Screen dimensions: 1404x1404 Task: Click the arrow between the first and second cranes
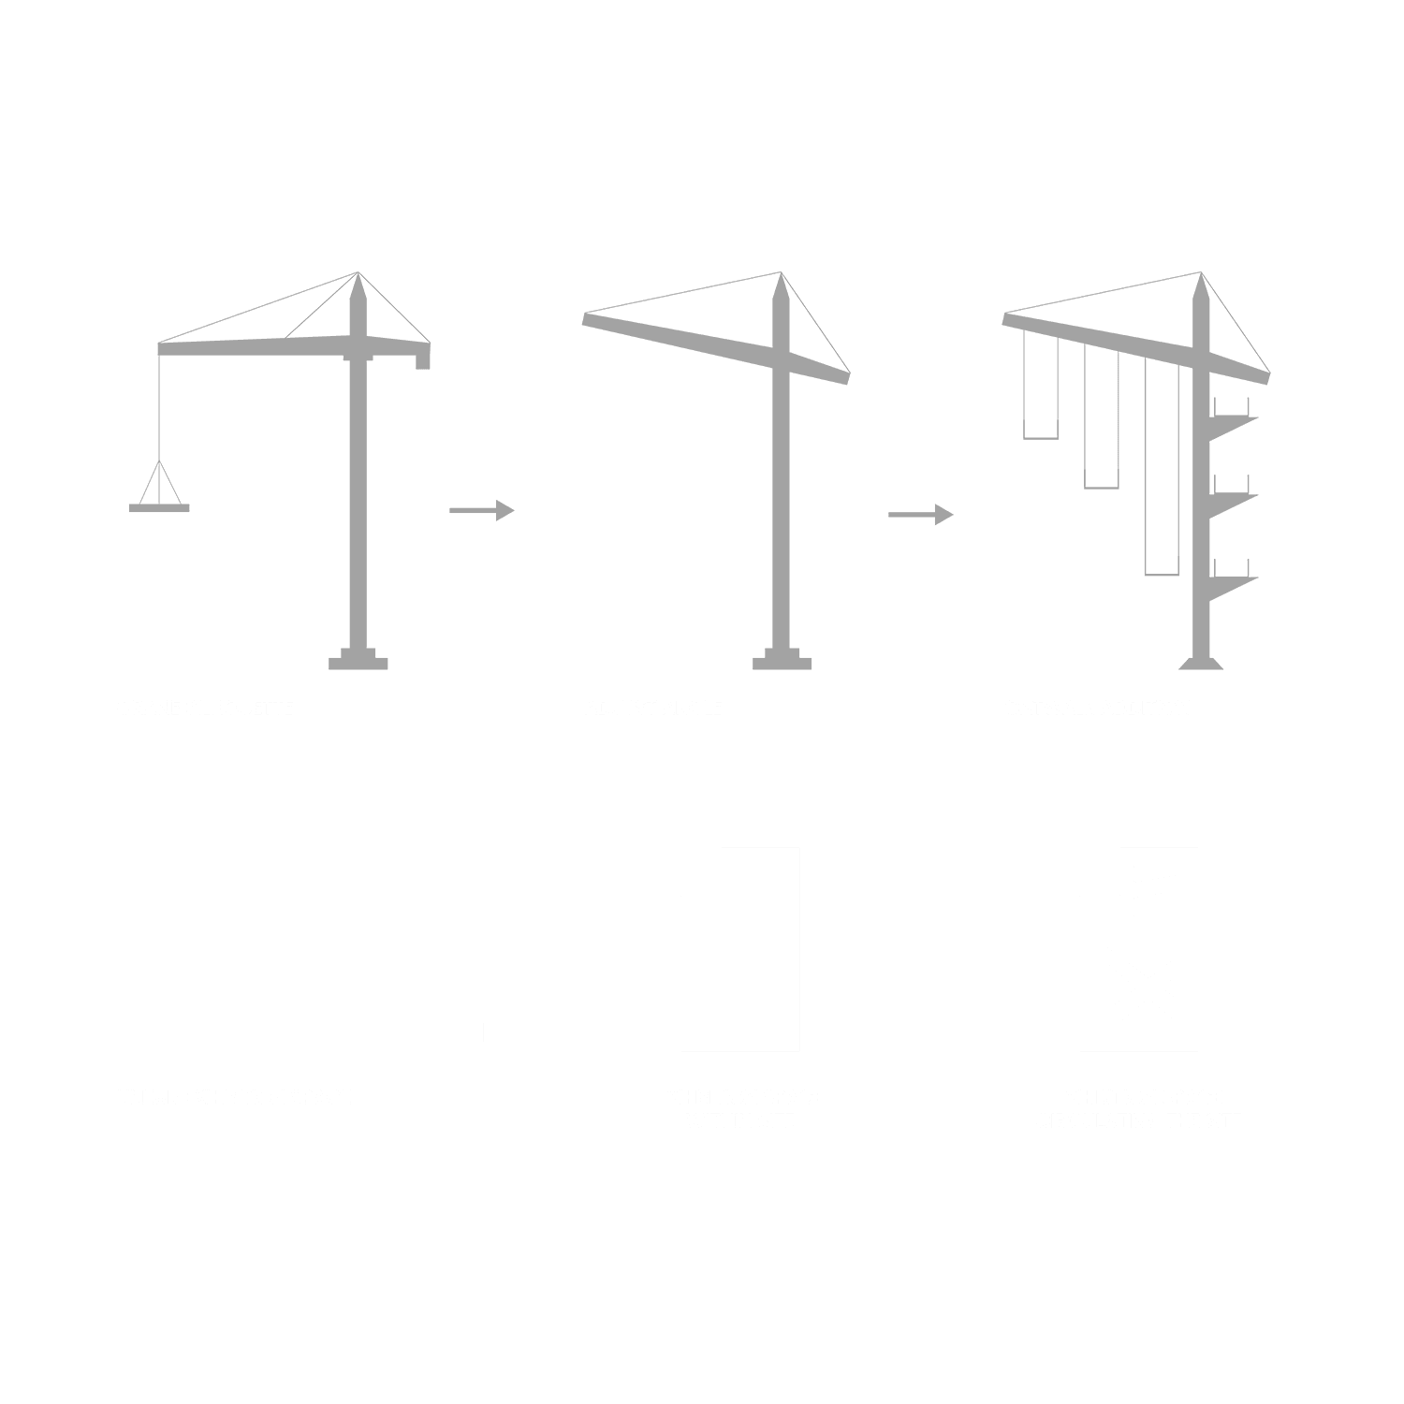[481, 510]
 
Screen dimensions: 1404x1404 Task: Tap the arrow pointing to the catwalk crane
[920, 514]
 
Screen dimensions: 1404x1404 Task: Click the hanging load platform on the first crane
[159, 507]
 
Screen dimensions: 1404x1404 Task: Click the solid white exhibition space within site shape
[740, 964]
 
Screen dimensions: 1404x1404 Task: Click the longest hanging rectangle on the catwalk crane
[1162, 468]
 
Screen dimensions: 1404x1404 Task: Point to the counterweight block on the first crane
[423, 358]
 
